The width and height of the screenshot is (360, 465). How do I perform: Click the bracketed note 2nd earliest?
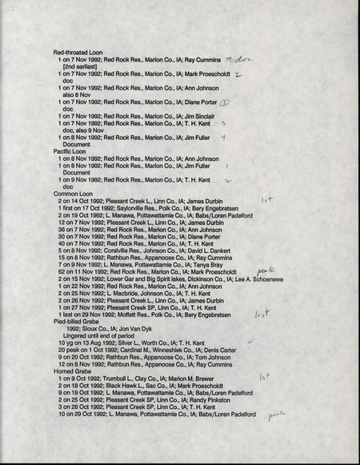pos(86,67)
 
